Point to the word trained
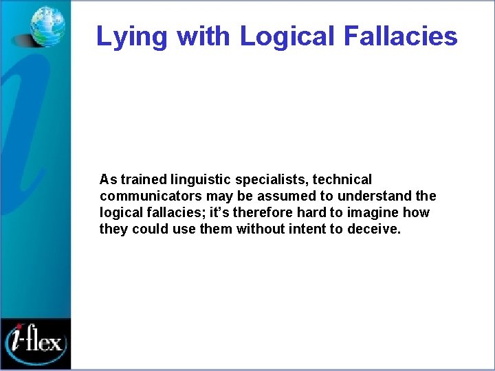[143, 180]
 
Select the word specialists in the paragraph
[270, 180]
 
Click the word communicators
[145, 196]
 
